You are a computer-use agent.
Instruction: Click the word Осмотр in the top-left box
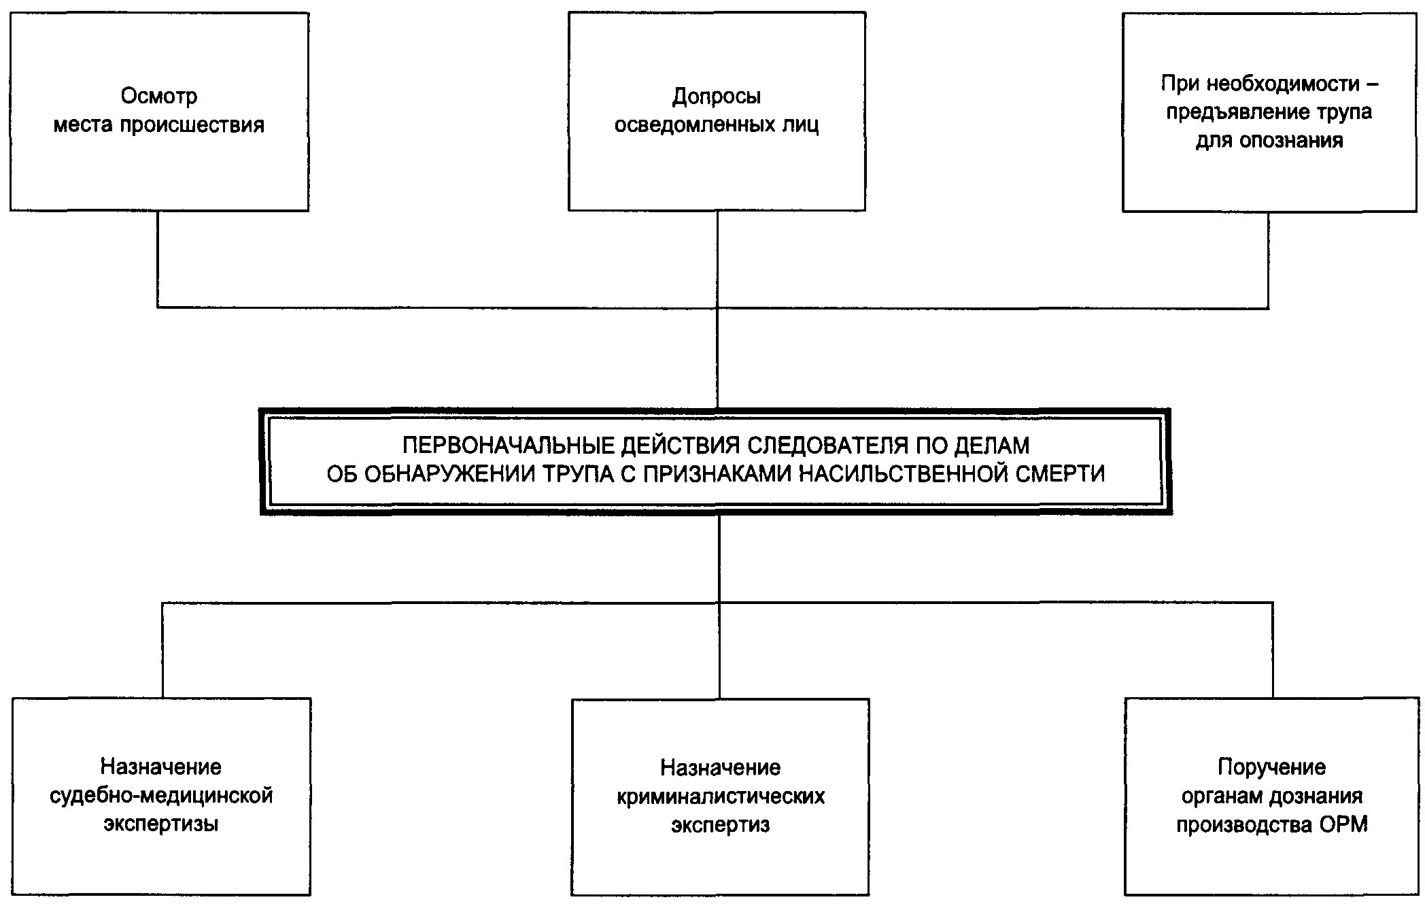tap(159, 96)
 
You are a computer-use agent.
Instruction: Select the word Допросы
tap(717, 97)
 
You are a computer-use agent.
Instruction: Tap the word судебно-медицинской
tap(161, 795)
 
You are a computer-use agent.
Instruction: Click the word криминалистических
tap(721, 796)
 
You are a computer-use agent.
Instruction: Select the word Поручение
tap(1271, 767)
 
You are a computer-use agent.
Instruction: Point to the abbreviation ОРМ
tap(1343, 824)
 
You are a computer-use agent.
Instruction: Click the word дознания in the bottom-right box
tap(1319, 796)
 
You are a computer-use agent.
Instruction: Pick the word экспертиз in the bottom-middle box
tap(721, 825)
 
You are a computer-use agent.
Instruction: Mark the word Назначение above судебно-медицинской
tap(161, 767)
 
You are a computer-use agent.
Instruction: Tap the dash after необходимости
tap(1372, 84)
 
